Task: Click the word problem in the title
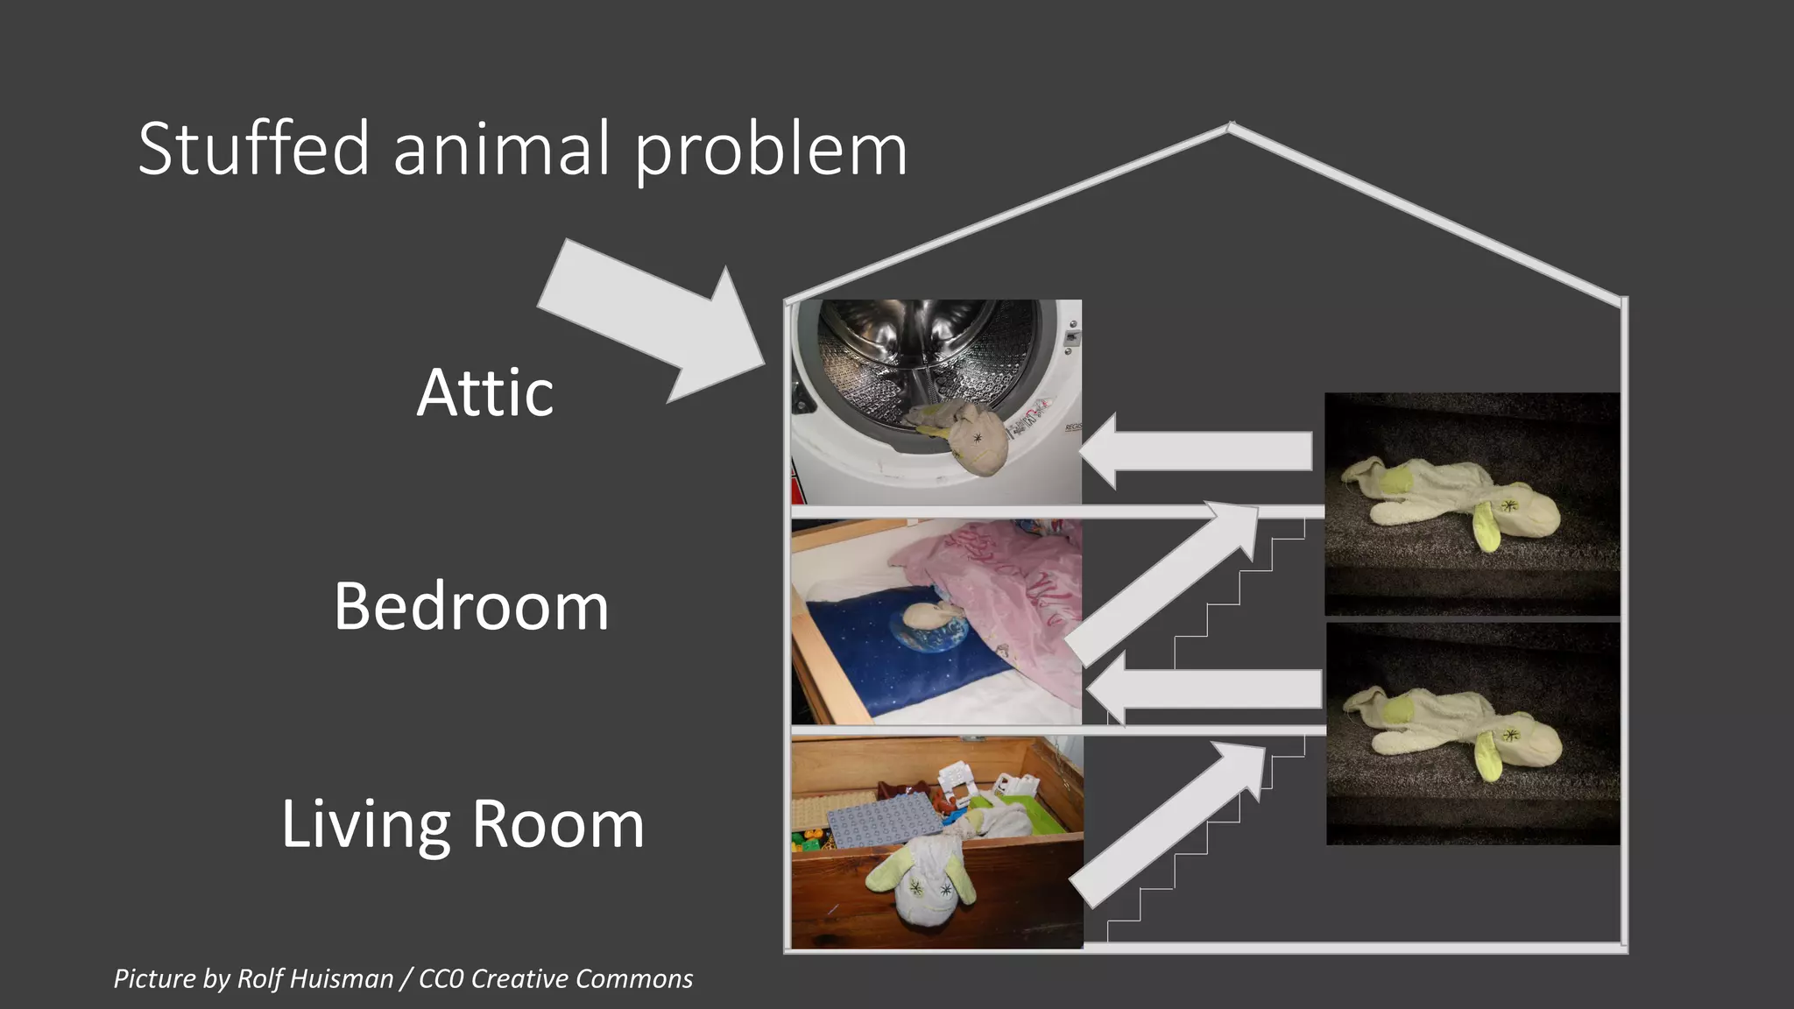pos(771,151)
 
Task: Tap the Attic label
pos(484,393)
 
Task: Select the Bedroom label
pos(471,606)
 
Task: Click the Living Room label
pos(463,824)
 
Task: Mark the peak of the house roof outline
pos(1230,126)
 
